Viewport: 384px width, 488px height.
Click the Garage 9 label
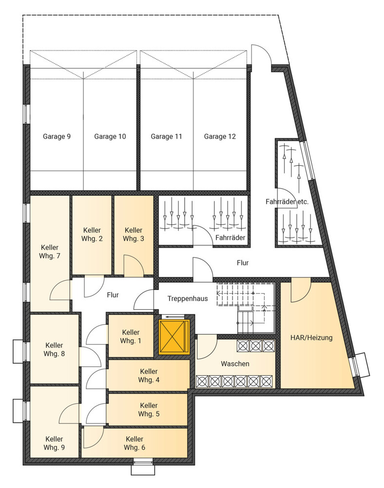click(x=57, y=136)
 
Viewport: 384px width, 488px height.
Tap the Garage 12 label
click(x=220, y=136)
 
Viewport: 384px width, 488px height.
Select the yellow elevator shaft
click(x=174, y=337)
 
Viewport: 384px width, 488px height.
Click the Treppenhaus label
click(x=188, y=299)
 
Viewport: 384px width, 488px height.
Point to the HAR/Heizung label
click(x=311, y=338)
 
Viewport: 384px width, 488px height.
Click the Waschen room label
click(x=235, y=364)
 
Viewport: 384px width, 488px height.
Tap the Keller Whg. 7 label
click(x=50, y=252)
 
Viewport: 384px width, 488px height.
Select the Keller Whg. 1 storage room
click(x=131, y=336)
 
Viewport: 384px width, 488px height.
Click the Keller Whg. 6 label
click(x=134, y=443)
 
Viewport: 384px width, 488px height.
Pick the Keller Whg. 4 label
click(x=149, y=376)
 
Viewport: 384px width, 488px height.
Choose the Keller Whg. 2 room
click(x=92, y=235)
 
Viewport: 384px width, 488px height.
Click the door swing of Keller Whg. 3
click(x=134, y=265)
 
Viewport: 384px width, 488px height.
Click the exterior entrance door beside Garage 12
click(x=262, y=55)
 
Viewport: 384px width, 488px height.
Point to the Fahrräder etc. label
click(x=287, y=202)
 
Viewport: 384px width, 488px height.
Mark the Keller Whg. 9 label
click(x=55, y=443)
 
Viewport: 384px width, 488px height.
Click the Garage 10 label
click(x=110, y=136)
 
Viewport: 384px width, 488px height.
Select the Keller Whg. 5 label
click(x=149, y=409)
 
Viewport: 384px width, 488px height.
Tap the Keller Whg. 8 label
click(x=55, y=349)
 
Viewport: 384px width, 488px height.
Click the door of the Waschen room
click(x=207, y=347)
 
